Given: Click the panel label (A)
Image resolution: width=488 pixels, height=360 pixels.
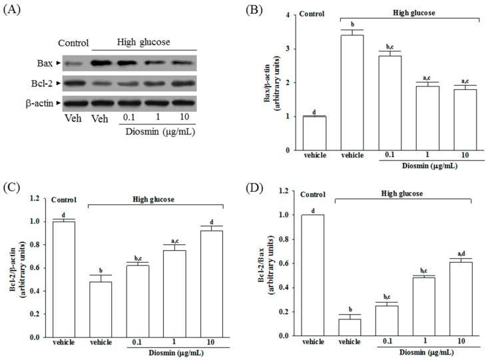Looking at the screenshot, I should tap(15, 9).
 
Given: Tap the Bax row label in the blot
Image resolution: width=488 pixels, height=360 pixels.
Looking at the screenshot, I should tap(45, 63).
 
